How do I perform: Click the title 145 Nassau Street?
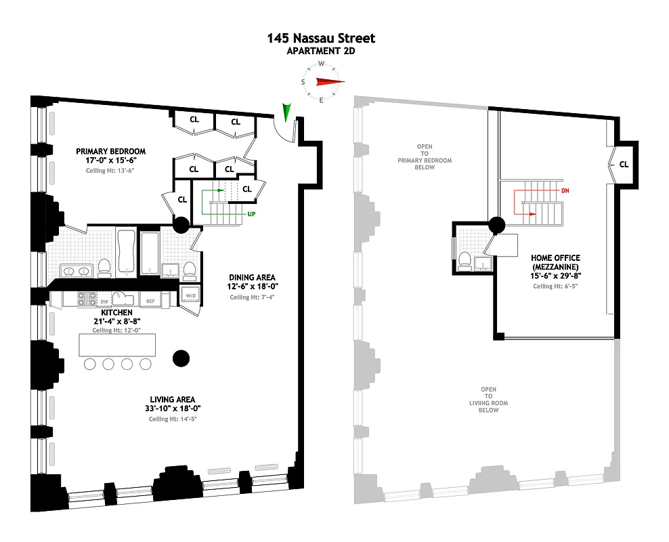(x=321, y=39)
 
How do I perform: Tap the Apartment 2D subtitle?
(x=321, y=50)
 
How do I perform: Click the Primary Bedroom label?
(x=110, y=151)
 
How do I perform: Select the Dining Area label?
(x=251, y=277)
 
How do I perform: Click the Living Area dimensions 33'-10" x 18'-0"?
(x=175, y=408)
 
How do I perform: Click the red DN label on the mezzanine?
(x=565, y=191)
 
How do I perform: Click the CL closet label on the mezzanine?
(x=623, y=164)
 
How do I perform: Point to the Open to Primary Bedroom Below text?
(x=425, y=157)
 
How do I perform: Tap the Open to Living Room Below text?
(x=488, y=399)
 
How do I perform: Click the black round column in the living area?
(x=180, y=358)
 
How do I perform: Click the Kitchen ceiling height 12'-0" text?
(x=112, y=330)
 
